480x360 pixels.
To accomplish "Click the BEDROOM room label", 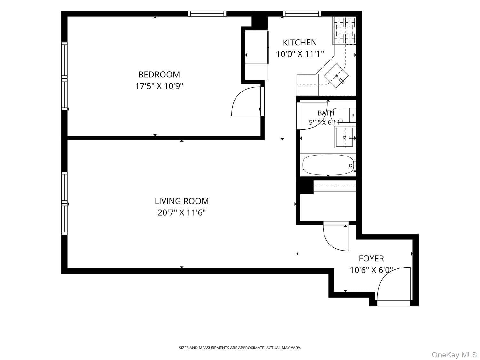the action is pyautogui.click(x=159, y=75).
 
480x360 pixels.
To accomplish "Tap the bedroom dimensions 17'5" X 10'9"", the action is pyautogui.click(x=159, y=86).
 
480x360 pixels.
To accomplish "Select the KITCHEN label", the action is pyautogui.click(x=300, y=43).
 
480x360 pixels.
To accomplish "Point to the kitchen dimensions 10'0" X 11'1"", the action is pyautogui.click(x=300, y=54).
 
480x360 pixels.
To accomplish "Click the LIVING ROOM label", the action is pyautogui.click(x=181, y=201).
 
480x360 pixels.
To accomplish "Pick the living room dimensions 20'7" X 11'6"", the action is pyautogui.click(x=181, y=212).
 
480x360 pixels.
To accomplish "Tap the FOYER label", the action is pyautogui.click(x=371, y=259).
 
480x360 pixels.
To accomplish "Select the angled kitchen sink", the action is pyautogui.click(x=336, y=76).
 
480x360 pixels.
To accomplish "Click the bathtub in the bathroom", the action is pyautogui.click(x=328, y=165).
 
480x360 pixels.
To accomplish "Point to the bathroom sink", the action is pyautogui.click(x=345, y=137).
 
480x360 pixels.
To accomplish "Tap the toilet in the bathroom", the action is pyautogui.click(x=343, y=115).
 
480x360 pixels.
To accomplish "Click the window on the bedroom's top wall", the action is pyautogui.click(x=207, y=13).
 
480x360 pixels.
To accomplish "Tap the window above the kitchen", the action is pyautogui.click(x=302, y=13).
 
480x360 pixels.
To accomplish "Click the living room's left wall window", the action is pyautogui.click(x=64, y=203).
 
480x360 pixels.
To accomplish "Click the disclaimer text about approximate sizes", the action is pyautogui.click(x=240, y=348).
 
